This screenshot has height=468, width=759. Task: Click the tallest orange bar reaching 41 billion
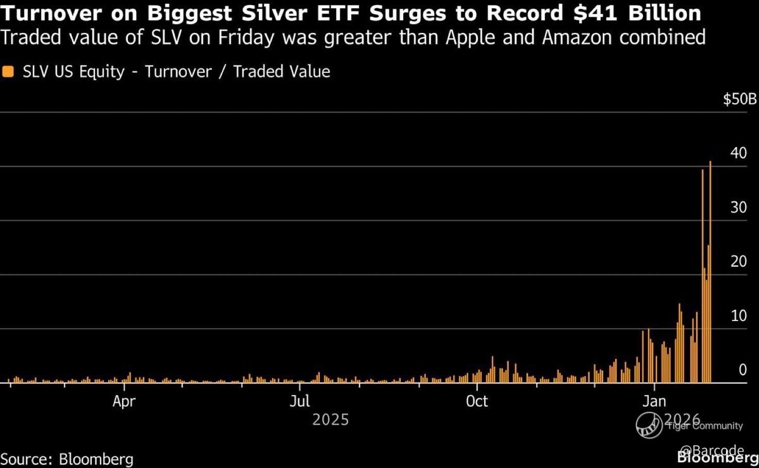[x=710, y=273]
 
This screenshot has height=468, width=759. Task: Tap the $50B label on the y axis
[x=739, y=99]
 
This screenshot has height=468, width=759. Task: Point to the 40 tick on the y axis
[x=738, y=153]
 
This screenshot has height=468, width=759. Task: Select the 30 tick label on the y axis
[x=738, y=207]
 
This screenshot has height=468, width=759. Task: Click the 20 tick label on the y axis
[x=738, y=262]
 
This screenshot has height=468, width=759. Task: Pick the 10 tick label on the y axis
[x=738, y=316]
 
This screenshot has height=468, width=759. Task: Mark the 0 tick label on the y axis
[x=742, y=370]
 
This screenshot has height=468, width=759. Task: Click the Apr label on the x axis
[x=124, y=401]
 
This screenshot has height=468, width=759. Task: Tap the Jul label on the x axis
[x=300, y=401]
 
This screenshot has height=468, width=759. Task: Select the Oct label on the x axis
[x=476, y=401]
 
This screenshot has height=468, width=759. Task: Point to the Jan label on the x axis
[x=654, y=401]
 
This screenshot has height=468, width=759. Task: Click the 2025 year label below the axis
[x=331, y=420]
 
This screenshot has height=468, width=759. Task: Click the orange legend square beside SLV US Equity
[x=8, y=72]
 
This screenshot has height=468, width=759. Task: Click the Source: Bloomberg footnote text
[x=67, y=459]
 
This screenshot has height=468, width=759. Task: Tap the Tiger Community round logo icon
[x=649, y=425]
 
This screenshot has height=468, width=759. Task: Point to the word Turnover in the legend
[x=178, y=72]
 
